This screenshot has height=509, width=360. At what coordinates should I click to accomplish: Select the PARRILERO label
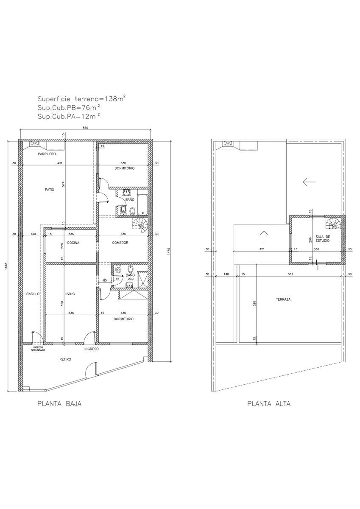pyautogui.click(x=47, y=154)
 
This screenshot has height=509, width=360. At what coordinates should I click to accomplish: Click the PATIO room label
pyautogui.click(x=50, y=189)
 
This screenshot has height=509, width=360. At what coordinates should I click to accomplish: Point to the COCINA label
pyautogui.click(x=73, y=243)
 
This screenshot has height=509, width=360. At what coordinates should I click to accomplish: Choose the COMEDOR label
pyautogui.click(x=120, y=243)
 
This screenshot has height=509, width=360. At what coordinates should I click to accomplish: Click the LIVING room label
pyautogui.click(x=70, y=294)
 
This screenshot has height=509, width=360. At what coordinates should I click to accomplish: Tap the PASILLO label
pyautogui.click(x=33, y=294)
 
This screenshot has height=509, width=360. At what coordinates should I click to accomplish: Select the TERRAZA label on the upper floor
pyautogui.click(x=283, y=299)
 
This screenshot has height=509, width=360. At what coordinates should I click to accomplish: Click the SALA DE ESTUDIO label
pyautogui.click(x=323, y=238)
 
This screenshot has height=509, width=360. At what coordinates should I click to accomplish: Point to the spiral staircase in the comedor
pyautogui.click(x=140, y=225)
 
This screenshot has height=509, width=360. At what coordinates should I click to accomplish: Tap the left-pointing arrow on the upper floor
pyautogui.click(x=309, y=182)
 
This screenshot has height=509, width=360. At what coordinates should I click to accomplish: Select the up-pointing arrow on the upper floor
pyautogui.click(x=263, y=237)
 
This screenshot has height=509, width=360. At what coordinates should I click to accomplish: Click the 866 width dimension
pyautogui.click(x=85, y=128)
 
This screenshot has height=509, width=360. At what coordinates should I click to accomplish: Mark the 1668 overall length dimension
pyautogui.click(x=6, y=266)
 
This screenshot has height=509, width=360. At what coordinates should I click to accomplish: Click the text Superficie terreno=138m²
pyautogui.click(x=81, y=99)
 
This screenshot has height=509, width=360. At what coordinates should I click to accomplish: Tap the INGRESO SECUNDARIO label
pyautogui.click(x=38, y=349)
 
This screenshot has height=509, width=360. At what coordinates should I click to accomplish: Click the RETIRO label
pyautogui.click(x=65, y=359)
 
